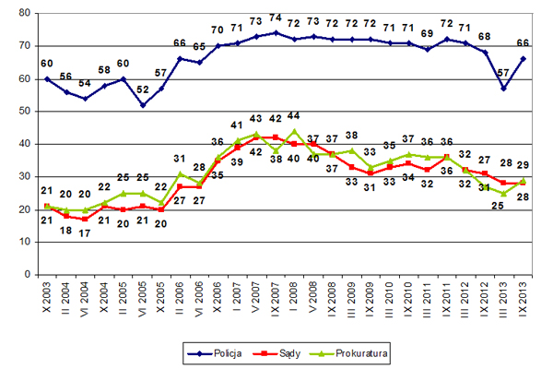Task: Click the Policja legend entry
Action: click(x=209, y=351)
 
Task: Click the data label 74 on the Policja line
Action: click(x=276, y=19)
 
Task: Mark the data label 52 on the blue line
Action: click(x=143, y=90)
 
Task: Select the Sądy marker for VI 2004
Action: click(x=86, y=219)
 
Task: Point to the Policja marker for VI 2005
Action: click(x=143, y=104)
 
